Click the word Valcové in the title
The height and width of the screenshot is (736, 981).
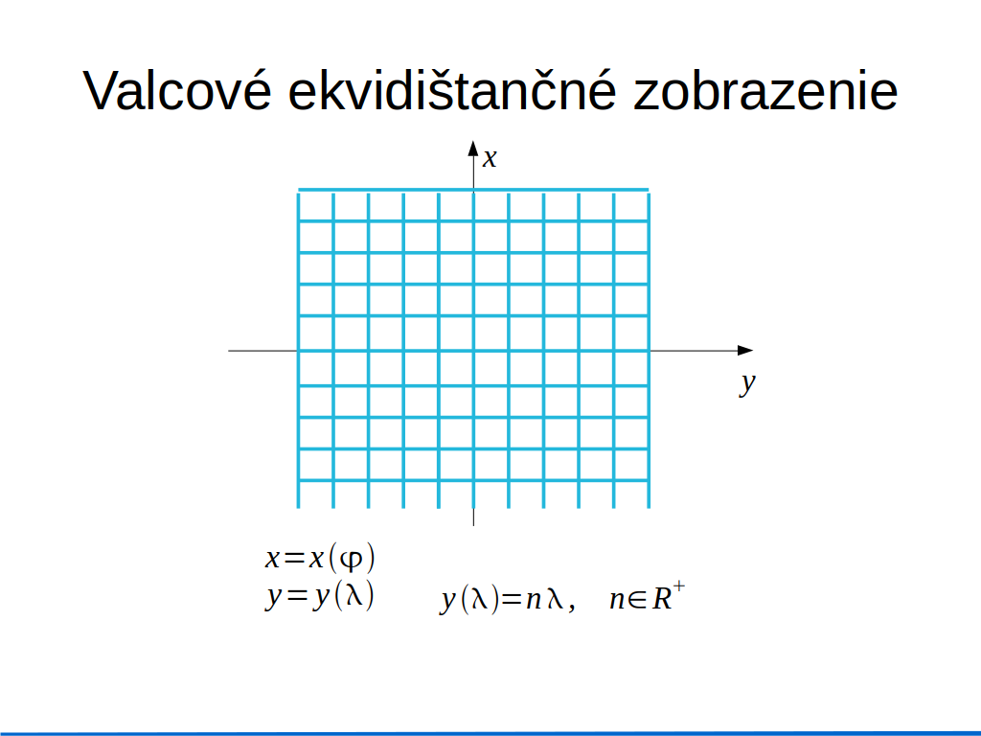177,90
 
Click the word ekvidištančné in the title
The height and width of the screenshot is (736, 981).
452,90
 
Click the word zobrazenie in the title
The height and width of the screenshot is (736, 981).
765,90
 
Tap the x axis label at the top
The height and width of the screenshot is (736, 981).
490,158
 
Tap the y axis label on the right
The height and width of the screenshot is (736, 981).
747,383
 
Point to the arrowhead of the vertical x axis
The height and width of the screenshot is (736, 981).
473,149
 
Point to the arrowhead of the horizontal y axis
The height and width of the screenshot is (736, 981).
745,351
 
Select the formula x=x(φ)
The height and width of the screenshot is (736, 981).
320,557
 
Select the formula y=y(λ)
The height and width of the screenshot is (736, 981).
320,595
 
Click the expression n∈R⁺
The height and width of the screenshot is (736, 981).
648,598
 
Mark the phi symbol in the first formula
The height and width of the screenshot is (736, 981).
352,559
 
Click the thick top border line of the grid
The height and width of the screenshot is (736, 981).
473,189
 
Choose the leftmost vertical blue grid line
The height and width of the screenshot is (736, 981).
299,351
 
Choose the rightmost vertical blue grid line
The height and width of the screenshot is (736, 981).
649,351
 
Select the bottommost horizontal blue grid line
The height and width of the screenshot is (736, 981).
473,481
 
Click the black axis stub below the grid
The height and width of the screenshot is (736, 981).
473,517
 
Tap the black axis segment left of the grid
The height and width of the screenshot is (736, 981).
262,351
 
